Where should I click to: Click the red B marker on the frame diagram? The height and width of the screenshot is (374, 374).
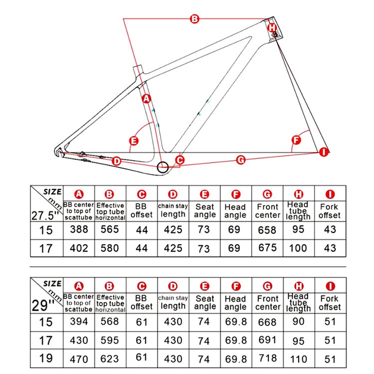coord(194,19)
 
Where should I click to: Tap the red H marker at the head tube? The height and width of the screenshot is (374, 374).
coord(272,27)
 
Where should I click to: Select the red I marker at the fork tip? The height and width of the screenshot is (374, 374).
coord(324,152)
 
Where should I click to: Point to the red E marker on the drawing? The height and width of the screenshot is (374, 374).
coord(134,141)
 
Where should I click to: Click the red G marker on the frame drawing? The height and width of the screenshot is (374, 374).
coord(240,160)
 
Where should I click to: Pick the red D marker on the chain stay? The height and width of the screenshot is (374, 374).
coord(116,161)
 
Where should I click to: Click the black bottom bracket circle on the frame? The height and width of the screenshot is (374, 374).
coord(163,167)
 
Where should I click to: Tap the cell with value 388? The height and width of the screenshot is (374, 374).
coord(79,229)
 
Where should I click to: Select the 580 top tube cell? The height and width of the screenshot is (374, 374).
coord(110,248)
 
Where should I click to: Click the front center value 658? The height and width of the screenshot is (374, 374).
coord(267,229)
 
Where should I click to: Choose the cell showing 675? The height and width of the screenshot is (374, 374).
coord(267,248)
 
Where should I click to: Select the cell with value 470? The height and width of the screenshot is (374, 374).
coord(79,359)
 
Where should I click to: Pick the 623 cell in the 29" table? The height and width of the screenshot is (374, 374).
coord(110,359)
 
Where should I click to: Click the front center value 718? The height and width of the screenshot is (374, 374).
coord(267,359)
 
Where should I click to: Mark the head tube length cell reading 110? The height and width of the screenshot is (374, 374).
coord(299,359)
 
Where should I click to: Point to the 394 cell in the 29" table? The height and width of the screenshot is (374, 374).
coord(79,322)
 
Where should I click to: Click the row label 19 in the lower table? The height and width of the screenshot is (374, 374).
coord(45,359)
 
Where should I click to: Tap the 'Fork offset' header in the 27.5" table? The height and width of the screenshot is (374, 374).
coord(330,210)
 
